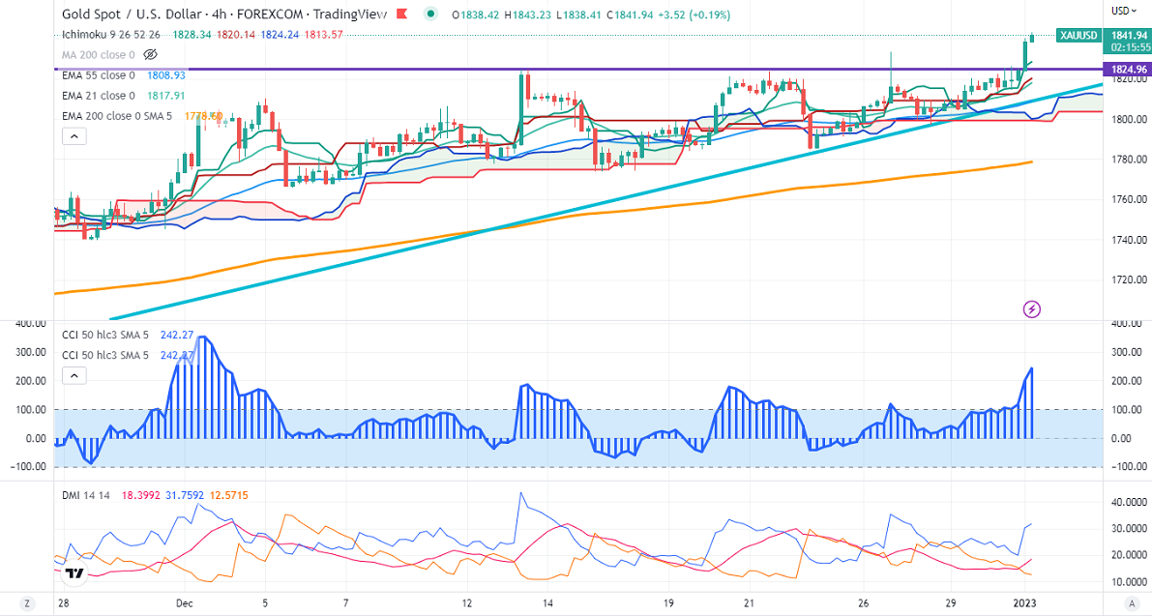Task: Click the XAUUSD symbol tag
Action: point(1077,35)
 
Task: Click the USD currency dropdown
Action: point(1122,11)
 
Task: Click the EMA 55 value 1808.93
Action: point(166,74)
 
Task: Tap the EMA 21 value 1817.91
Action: point(166,96)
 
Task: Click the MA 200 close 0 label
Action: point(98,54)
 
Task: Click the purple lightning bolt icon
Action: point(1032,309)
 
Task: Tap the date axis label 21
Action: point(750,602)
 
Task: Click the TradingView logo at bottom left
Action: point(74,574)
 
